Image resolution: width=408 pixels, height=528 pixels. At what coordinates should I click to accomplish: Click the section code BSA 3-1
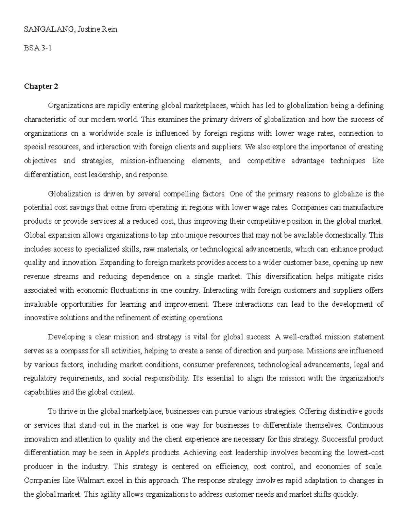coord(38,48)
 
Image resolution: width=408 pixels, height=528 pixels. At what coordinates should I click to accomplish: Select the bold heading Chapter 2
coord(41,86)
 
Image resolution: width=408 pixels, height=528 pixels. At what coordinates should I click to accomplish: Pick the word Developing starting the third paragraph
coord(67,337)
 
